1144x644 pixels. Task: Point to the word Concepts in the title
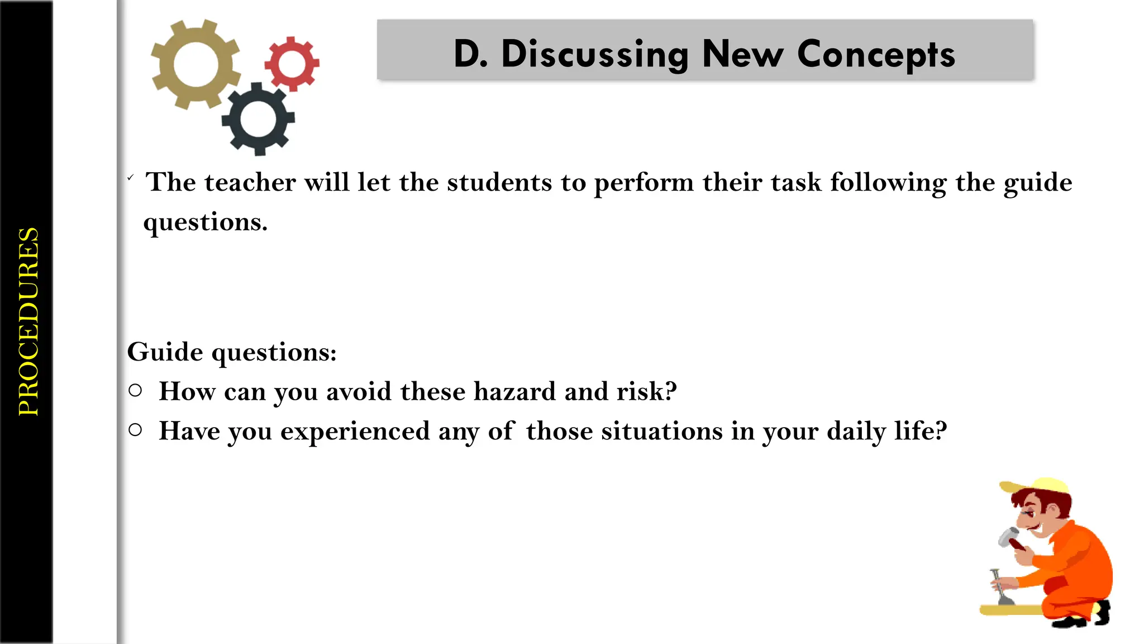click(875, 55)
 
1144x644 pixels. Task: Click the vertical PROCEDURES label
click(28, 321)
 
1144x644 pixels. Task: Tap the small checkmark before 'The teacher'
click(130, 178)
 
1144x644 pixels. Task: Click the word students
click(499, 182)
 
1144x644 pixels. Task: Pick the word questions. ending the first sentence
click(205, 222)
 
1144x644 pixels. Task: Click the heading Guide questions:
click(232, 352)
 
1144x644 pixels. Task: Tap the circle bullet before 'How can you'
click(135, 390)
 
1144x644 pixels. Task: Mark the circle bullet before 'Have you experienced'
click(135, 429)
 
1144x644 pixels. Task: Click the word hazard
click(514, 391)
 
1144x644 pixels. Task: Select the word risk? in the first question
click(646, 391)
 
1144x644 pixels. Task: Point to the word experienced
click(355, 431)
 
